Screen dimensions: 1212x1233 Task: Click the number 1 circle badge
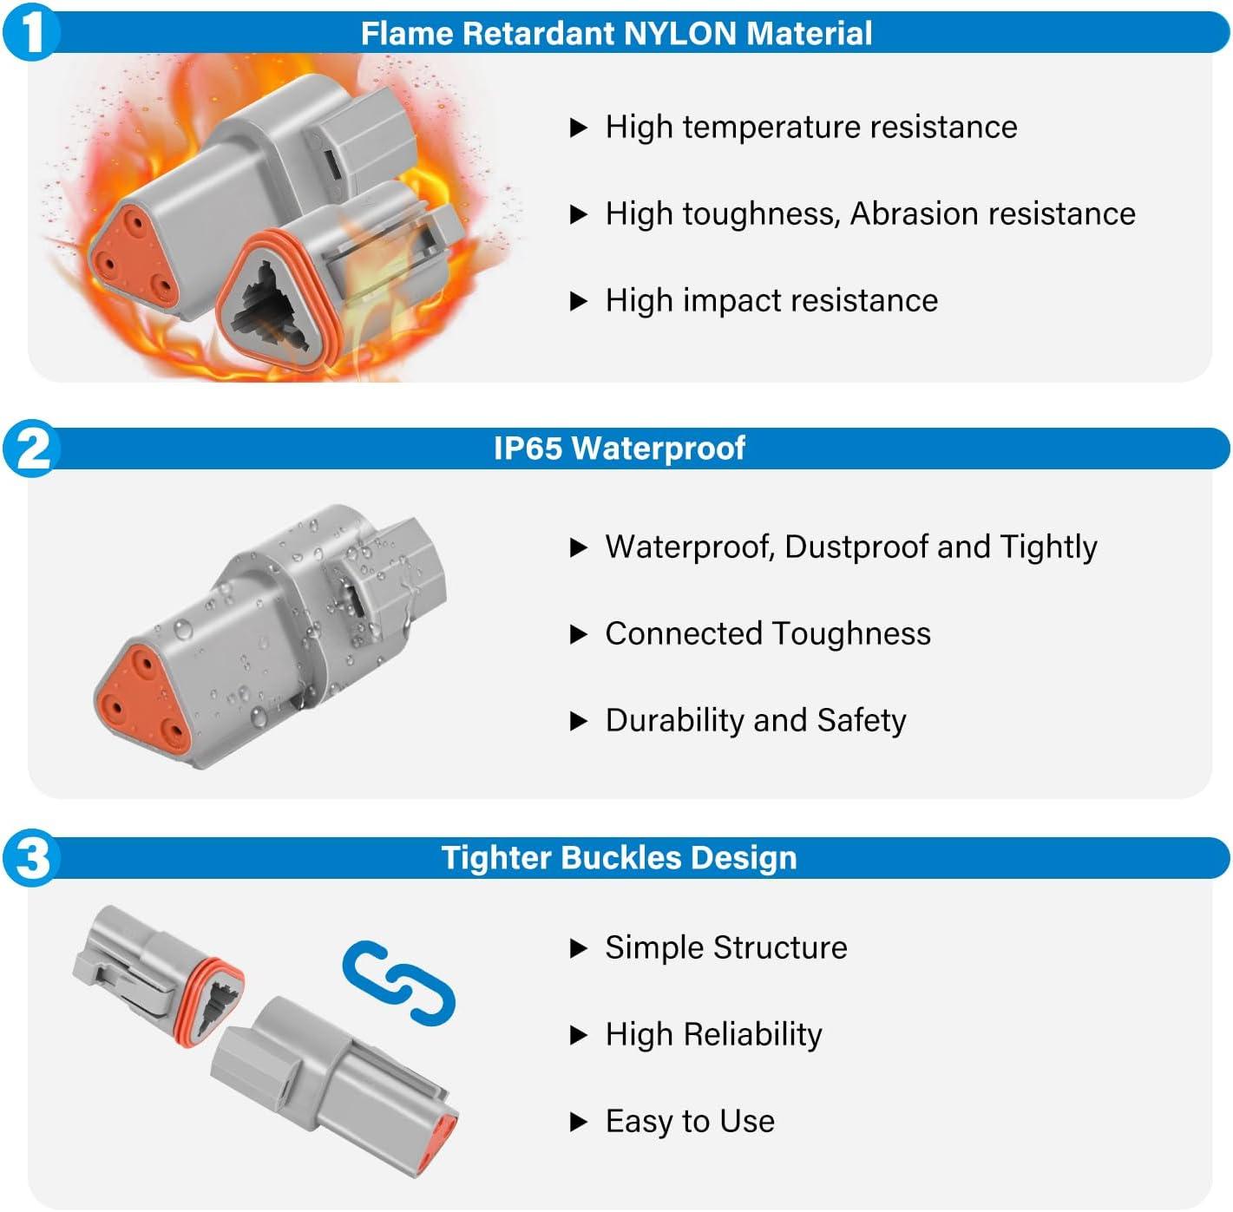(x=31, y=33)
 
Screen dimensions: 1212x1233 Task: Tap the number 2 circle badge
(x=31, y=449)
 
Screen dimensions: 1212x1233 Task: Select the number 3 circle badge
(x=31, y=858)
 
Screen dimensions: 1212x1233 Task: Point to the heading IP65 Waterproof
(x=619, y=449)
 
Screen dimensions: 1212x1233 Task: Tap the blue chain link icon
(x=398, y=982)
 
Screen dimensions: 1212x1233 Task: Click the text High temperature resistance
(x=810, y=128)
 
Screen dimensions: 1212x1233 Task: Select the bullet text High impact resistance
(x=771, y=301)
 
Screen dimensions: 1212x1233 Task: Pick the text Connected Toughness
(x=767, y=634)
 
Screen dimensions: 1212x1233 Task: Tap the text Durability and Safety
(x=755, y=721)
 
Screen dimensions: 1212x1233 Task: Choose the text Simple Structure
(x=725, y=948)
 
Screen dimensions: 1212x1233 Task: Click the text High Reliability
(x=713, y=1035)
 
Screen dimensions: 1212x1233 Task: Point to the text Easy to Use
(x=689, y=1122)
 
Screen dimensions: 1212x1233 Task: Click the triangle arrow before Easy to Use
(x=578, y=1123)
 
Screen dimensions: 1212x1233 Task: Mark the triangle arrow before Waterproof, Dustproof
(x=578, y=548)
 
